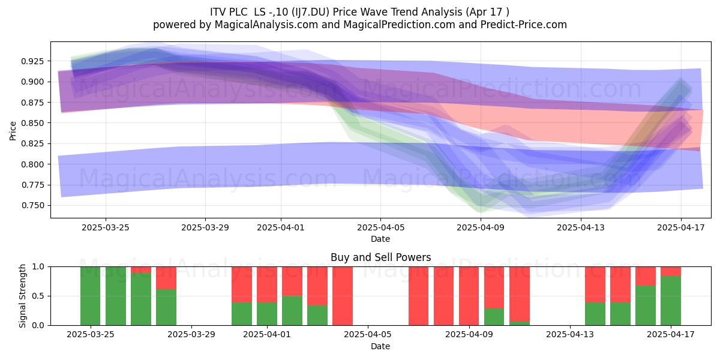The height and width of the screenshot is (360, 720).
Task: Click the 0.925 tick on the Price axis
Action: (x=33, y=61)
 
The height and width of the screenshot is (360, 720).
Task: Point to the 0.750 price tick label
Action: (x=33, y=205)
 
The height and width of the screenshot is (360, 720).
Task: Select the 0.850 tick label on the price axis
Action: (x=33, y=123)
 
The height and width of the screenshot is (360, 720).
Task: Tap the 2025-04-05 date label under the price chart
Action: (x=381, y=227)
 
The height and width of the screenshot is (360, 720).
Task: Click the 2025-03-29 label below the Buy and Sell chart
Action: (x=191, y=335)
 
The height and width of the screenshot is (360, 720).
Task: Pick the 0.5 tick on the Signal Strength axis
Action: (x=38, y=296)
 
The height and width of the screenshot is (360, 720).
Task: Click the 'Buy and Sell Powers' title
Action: (x=380, y=257)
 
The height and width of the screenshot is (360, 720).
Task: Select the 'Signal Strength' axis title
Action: (x=22, y=296)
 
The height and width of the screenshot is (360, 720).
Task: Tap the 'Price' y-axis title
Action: (x=13, y=131)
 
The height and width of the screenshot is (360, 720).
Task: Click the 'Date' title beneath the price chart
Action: (x=380, y=239)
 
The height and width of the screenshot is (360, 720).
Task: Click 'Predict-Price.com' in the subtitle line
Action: (x=524, y=25)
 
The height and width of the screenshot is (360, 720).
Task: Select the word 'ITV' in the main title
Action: (x=217, y=12)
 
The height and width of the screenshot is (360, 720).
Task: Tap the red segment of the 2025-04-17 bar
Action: (x=671, y=272)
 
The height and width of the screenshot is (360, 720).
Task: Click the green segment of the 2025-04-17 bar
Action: (x=671, y=301)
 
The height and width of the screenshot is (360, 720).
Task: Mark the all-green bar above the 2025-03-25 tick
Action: (x=91, y=296)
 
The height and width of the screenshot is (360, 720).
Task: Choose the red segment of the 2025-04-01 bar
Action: (x=267, y=284)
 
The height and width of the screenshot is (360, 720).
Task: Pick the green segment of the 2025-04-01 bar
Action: (x=267, y=314)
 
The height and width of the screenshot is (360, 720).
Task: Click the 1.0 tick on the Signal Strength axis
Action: (x=38, y=267)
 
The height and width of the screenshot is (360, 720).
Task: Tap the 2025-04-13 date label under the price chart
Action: (x=581, y=227)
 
